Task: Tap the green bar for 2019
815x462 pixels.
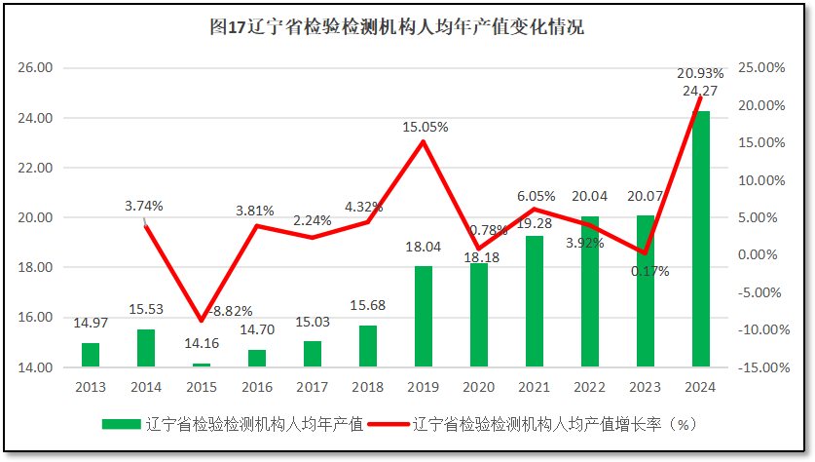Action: click(x=423, y=317)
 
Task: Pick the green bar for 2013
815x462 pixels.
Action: click(x=90, y=355)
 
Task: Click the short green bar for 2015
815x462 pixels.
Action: click(x=201, y=365)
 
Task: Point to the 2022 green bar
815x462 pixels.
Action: click(x=589, y=291)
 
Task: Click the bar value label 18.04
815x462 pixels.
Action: click(x=423, y=248)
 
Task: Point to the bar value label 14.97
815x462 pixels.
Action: click(x=90, y=324)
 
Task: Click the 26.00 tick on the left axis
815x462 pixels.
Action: click(x=38, y=68)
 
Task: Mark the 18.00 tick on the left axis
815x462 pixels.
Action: click(x=38, y=267)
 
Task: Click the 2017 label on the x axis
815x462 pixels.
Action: click(x=312, y=387)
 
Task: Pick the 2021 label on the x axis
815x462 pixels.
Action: click(x=534, y=387)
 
